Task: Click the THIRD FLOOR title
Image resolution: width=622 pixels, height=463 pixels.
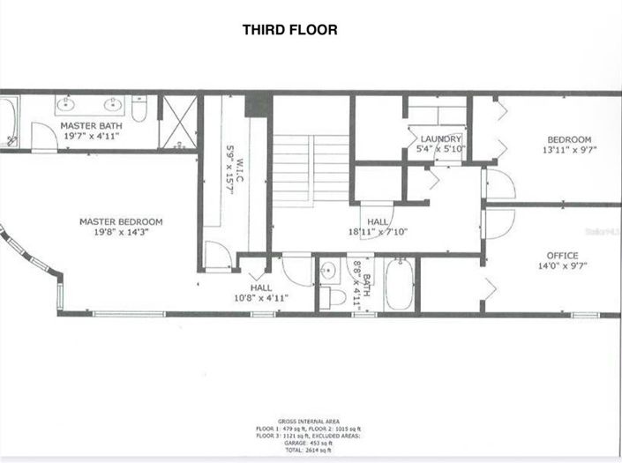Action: coord(289,30)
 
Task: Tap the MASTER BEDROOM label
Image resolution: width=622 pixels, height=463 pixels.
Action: coord(121,222)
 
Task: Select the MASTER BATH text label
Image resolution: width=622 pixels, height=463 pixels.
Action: coord(92,126)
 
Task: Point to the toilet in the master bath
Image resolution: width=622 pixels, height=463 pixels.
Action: coord(139,108)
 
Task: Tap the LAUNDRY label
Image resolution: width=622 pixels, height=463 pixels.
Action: coord(441,139)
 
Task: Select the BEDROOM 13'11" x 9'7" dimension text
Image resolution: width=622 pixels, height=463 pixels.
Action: coord(569,150)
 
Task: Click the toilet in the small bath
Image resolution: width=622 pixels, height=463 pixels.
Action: coord(335,295)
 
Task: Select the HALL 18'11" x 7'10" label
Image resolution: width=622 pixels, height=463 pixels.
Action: coord(377,232)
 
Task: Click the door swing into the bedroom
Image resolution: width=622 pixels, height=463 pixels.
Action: coord(498,184)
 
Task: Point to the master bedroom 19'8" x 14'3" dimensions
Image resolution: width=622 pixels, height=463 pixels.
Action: coord(121,233)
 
